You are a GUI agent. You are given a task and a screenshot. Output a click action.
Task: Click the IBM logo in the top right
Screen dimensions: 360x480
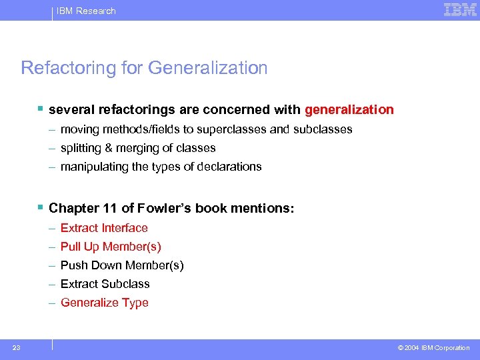coord(460,9)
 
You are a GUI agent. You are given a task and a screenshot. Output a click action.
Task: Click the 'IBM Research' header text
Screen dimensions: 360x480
coord(86,11)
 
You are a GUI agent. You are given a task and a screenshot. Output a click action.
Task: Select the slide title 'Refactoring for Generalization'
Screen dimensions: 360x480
coord(144,68)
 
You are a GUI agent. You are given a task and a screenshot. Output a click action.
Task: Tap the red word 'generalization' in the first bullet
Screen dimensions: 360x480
coord(349,109)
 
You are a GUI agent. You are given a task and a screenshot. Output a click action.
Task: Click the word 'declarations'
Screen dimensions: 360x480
coord(231,167)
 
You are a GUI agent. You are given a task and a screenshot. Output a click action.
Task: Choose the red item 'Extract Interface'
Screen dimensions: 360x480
coord(104,228)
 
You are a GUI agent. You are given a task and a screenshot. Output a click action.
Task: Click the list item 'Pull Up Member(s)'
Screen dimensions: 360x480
coord(111,247)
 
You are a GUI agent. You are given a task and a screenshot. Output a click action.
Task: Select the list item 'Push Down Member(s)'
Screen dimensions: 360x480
coord(122,265)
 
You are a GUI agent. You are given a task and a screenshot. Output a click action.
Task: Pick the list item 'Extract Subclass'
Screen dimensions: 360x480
coord(105,284)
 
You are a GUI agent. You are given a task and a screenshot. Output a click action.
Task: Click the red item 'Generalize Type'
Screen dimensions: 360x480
coord(105,303)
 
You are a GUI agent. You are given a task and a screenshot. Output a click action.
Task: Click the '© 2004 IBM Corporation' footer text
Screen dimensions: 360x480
coord(433,348)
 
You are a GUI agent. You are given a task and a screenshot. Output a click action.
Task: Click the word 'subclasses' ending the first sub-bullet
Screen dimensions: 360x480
coord(323,129)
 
